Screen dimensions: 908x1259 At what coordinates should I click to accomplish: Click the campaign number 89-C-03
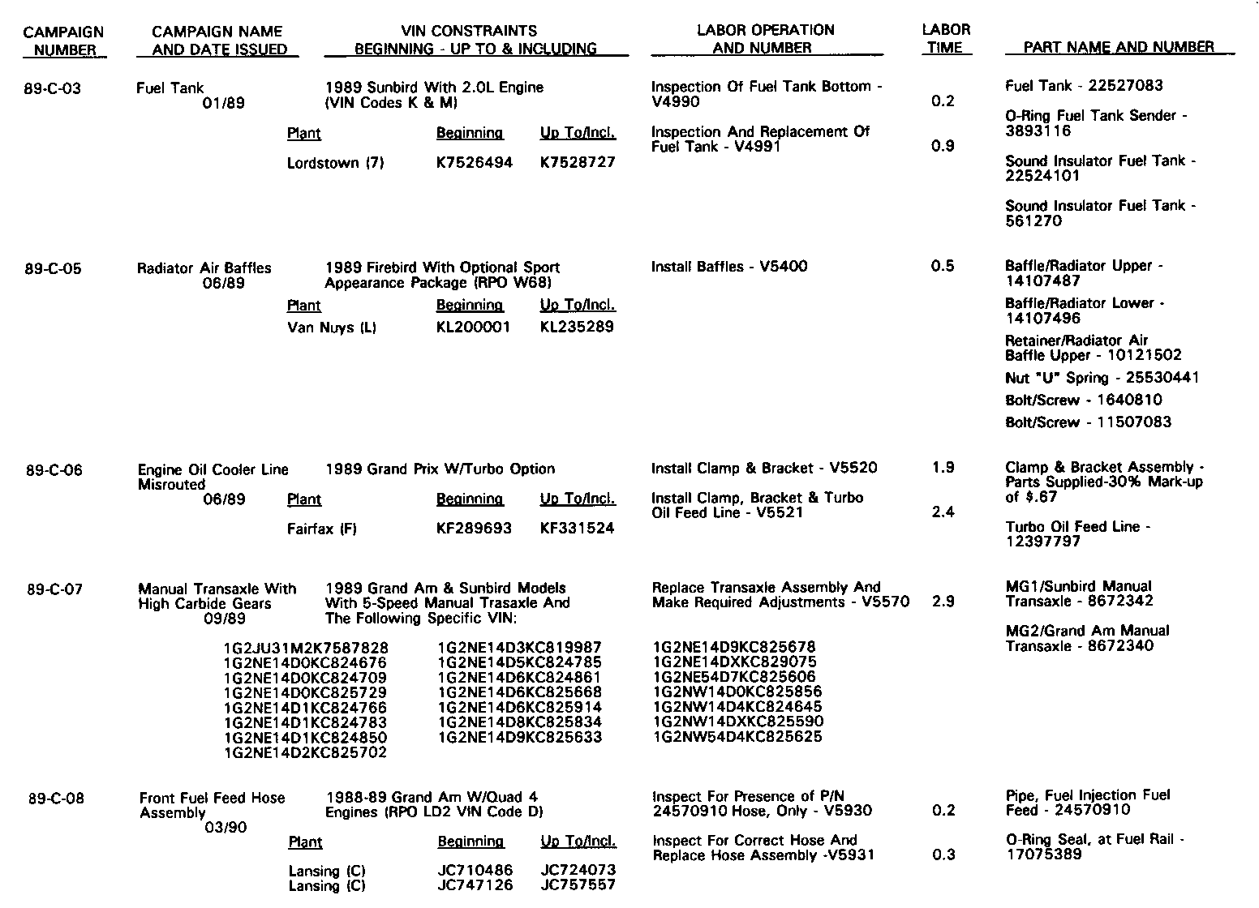tap(54, 88)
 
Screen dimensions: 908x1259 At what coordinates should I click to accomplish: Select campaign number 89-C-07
tap(54, 589)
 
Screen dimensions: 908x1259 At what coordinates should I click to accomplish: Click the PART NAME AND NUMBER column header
tap(1119, 47)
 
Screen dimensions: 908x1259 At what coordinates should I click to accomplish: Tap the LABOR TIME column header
tap(945, 39)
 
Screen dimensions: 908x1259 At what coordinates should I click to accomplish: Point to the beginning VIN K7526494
tap(475, 162)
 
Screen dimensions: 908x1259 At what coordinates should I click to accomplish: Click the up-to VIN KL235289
tap(577, 327)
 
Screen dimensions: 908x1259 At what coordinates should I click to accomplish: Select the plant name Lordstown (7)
tap(335, 163)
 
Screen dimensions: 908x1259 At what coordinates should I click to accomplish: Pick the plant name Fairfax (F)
tap(322, 529)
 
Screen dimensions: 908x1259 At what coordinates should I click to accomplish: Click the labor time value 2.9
tap(943, 602)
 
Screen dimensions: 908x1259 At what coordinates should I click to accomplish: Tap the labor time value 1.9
tap(943, 468)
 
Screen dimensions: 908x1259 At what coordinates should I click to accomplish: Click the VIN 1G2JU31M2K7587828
tap(306, 649)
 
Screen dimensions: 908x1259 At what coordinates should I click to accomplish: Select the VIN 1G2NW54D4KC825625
tap(737, 737)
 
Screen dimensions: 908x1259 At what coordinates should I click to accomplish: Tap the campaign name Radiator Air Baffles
tap(204, 268)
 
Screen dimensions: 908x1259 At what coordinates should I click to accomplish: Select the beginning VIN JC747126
tap(475, 885)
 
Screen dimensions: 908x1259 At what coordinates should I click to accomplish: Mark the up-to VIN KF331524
tap(577, 529)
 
